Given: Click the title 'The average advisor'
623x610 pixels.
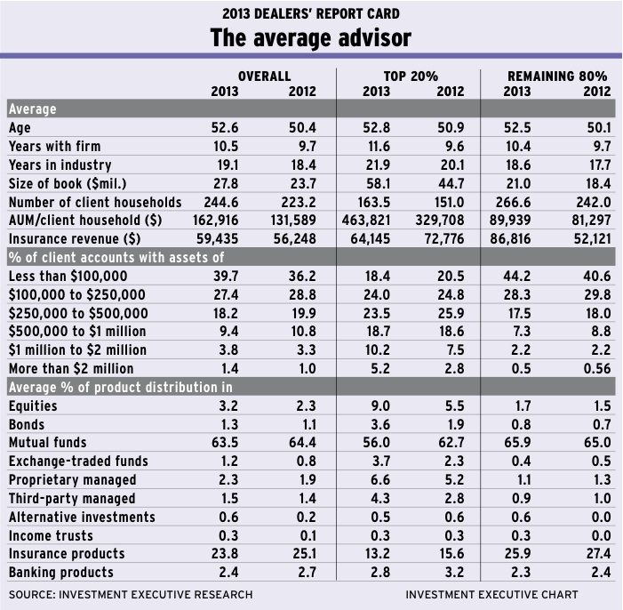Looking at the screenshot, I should pyautogui.click(x=311, y=39).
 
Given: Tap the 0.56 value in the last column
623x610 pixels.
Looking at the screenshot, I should pyautogui.click(x=595, y=368).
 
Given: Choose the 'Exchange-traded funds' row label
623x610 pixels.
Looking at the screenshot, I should pyautogui.click(x=78, y=461).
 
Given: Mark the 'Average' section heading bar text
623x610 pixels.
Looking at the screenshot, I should pyautogui.click(x=32, y=108).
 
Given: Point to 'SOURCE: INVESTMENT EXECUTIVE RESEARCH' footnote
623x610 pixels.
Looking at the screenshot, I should pyautogui.click(x=131, y=594).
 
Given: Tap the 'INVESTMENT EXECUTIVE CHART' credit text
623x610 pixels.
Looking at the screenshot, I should pyautogui.click(x=491, y=594).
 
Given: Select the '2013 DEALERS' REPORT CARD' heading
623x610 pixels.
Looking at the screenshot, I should pyautogui.click(x=311, y=13).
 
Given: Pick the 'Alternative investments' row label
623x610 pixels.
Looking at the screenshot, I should pyautogui.click(x=82, y=517).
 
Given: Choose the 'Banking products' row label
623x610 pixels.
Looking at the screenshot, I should pyautogui.click(x=60, y=572).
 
